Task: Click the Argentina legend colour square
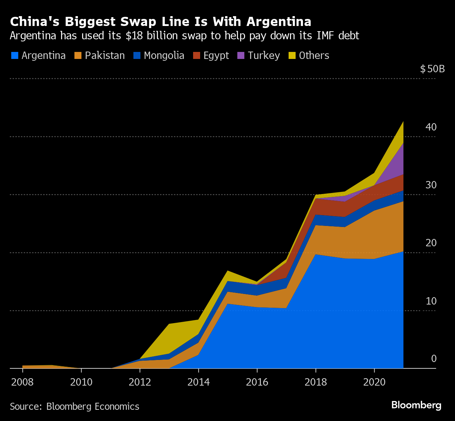[14, 55]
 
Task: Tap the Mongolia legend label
[164, 55]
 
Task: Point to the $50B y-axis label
[432, 69]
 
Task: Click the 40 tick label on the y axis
[431, 127]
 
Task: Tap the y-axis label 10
[431, 301]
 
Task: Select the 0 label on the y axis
[434, 359]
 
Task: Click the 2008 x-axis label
[22, 382]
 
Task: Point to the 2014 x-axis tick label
[198, 382]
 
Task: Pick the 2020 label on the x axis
[374, 382]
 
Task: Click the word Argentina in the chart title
[279, 22]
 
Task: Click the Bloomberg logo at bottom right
[416, 405]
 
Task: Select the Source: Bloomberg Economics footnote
[74, 407]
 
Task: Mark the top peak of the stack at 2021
[403, 121]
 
